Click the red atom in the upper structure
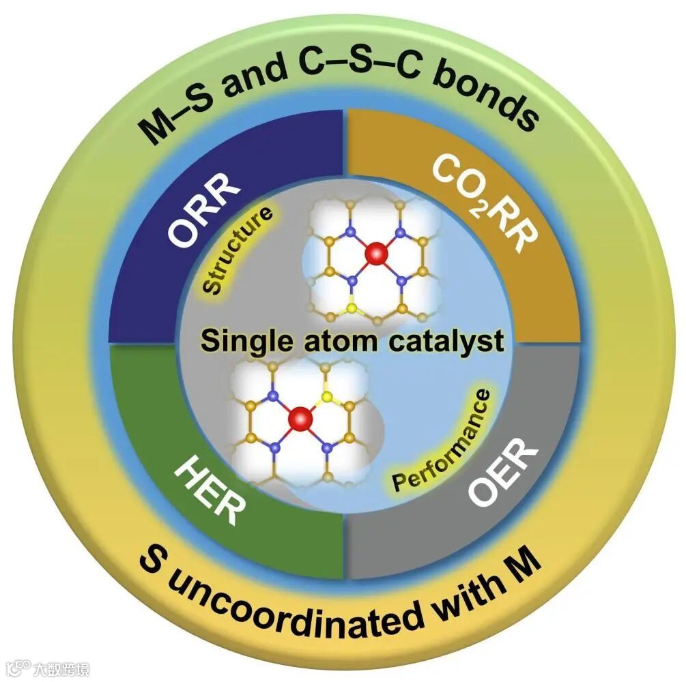click(x=375, y=254)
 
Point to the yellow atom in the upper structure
click(x=351, y=308)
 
